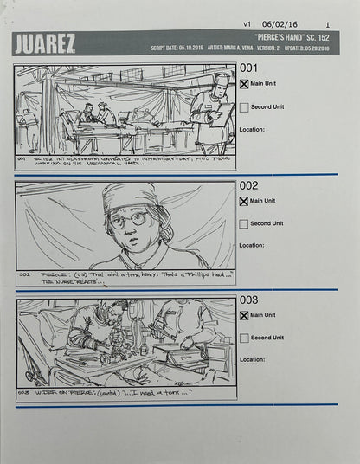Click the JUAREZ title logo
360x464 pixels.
click(x=45, y=43)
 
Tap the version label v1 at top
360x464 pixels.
click(x=247, y=24)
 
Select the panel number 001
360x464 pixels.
click(x=248, y=68)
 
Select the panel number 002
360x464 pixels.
click(x=248, y=185)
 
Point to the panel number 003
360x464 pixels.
click(x=248, y=300)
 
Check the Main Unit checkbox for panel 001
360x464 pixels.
click(x=244, y=84)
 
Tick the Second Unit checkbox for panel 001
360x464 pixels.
click(x=244, y=107)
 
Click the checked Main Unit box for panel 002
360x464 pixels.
click(x=244, y=201)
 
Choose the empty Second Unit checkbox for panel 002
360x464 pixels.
click(x=244, y=223)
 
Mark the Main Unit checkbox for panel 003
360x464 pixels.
click(x=244, y=315)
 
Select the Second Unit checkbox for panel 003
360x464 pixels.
click(x=244, y=338)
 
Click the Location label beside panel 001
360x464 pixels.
click(x=252, y=130)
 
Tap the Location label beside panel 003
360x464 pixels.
click(x=252, y=359)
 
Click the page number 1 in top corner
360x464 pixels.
click(x=327, y=24)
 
